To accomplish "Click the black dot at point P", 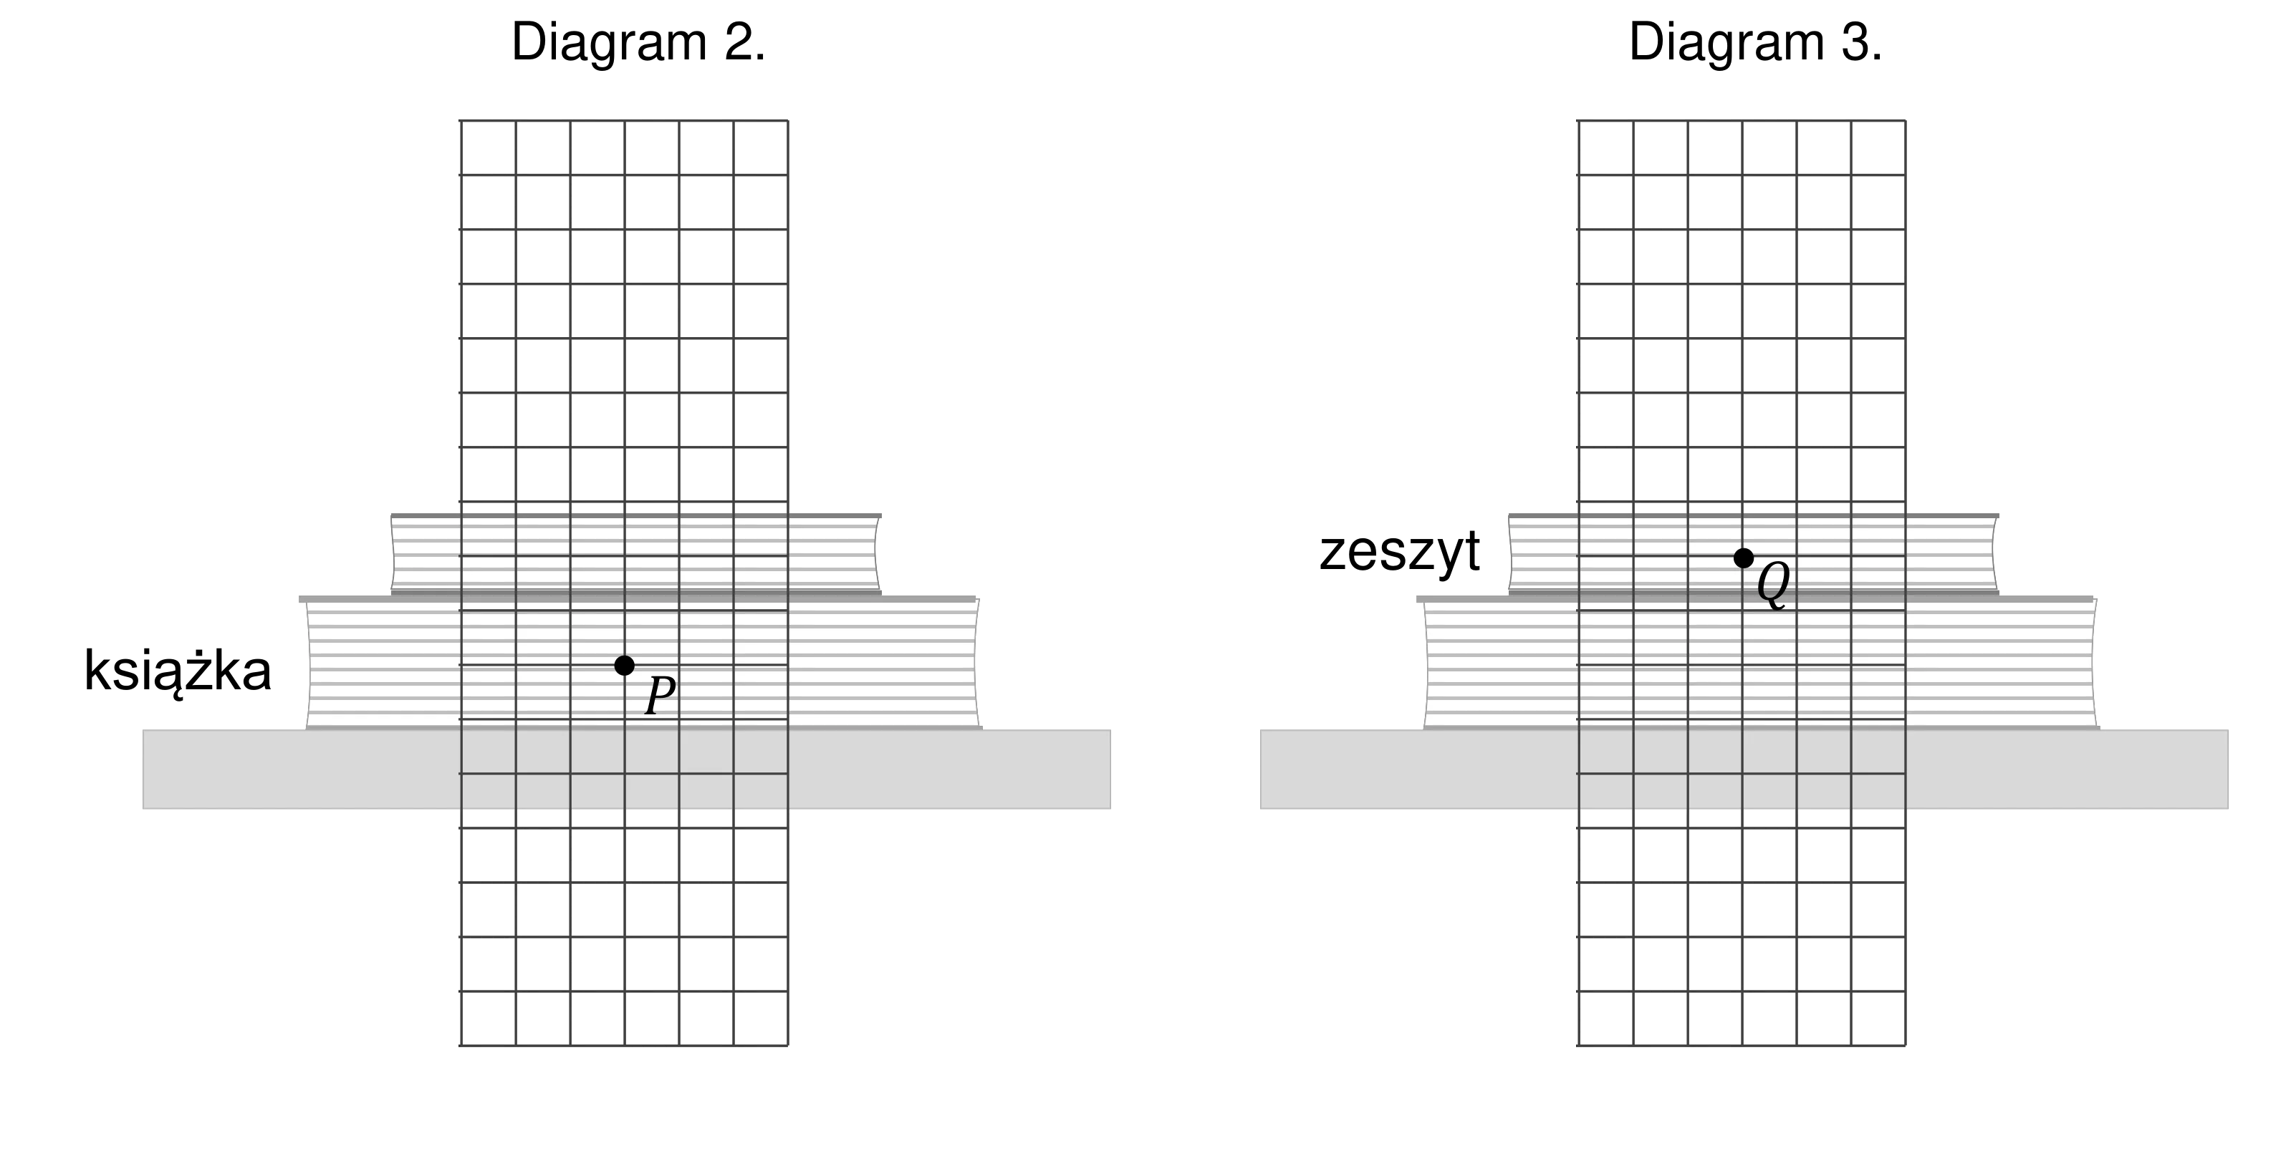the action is pos(625,665).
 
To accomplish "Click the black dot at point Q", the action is pos(1743,558).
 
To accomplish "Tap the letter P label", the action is pos(660,695).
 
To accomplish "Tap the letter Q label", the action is pos(1773,585).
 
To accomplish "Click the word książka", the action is pos(178,671).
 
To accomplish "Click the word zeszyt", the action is pos(1400,551).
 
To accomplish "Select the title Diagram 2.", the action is pos(638,42).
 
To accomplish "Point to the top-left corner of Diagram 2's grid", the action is pos(461,120).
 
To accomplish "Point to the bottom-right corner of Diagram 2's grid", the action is pos(788,1045).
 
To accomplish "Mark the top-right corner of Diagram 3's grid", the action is pos(1905,120).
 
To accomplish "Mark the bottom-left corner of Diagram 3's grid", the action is pos(1579,1045).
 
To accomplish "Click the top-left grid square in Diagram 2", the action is pos(489,147).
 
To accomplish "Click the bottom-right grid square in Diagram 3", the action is pos(1878,1019).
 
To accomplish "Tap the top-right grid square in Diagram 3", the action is pos(1878,147).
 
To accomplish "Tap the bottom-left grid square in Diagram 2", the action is pos(489,1019).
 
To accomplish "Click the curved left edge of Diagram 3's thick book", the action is pos(1426,664).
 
